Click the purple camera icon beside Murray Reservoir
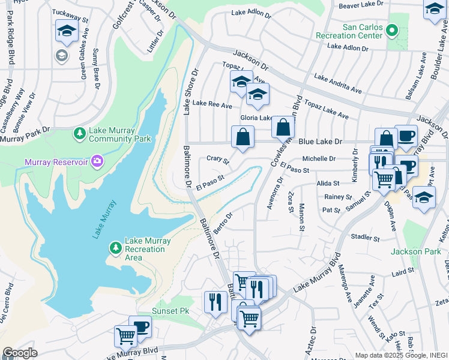point(97,161)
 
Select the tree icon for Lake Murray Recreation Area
point(115,247)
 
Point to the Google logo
point(20,353)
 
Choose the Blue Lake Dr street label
point(320,142)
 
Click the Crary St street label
point(217,159)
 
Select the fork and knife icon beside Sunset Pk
point(215,302)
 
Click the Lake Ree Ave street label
point(212,106)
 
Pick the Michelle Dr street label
point(319,158)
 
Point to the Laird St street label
point(403,272)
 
